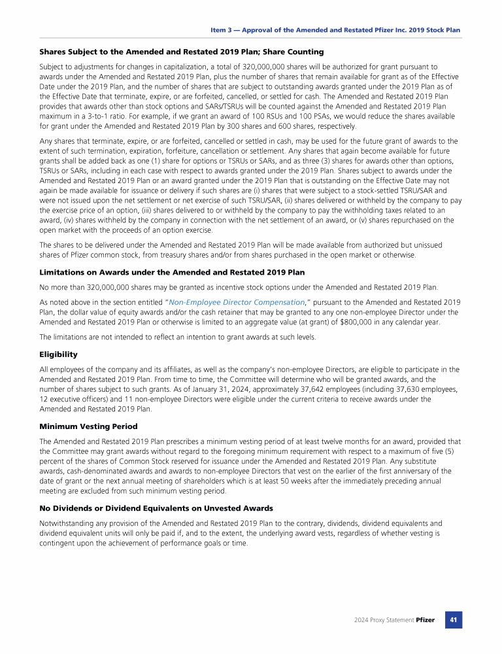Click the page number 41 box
click(x=454, y=619)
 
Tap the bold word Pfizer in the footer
click(x=425, y=619)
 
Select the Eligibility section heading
click(x=59, y=354)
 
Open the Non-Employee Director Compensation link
click(x=236, y=302)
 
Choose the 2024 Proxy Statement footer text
click(x=384, y=619)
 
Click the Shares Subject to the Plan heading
click(x=181, y=52)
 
